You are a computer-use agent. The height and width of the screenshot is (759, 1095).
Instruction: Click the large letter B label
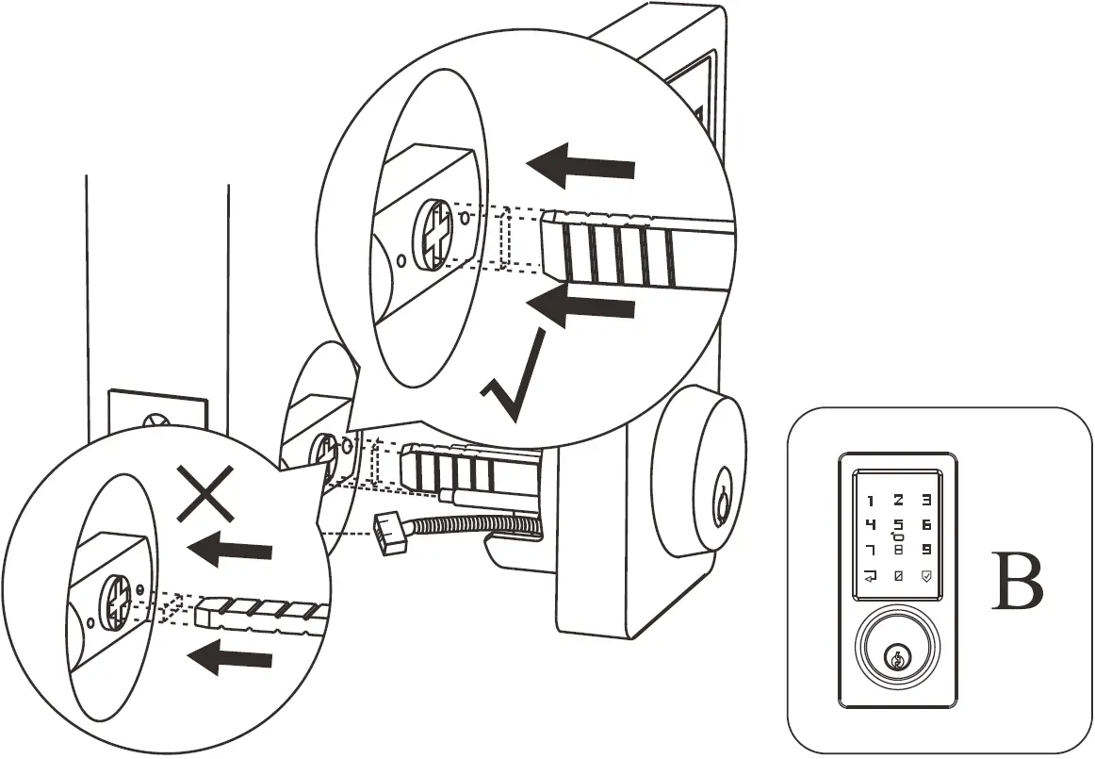click(x=1018, y=583)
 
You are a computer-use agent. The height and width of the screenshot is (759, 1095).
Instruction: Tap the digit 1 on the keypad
click(x=870, y=502)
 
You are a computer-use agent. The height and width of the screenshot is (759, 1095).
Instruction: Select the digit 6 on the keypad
click(x=927, y=524)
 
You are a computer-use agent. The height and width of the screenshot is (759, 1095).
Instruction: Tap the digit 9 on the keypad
click(x=927, y=549)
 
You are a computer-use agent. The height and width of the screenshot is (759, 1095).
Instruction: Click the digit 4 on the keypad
click(x=870, y=524)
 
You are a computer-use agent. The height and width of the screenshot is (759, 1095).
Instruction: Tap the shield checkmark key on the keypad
click(x=927, y=575)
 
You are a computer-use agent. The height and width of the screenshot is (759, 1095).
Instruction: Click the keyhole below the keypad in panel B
click(x=898, y=654)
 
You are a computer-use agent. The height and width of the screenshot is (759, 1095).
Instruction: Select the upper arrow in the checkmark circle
click(x=580, y=168)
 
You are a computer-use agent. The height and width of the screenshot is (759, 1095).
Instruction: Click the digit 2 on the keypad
click(x=898, y=502)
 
